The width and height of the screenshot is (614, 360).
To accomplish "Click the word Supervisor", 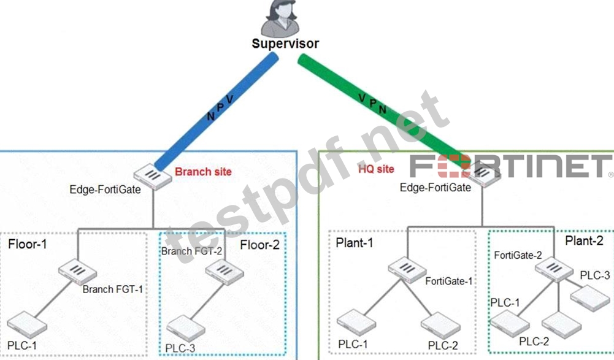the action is pos(285,44).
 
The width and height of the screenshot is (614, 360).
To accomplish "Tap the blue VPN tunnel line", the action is pos(217,111).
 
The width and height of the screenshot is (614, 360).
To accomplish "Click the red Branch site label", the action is pos(203,172).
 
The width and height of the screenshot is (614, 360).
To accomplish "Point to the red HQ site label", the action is pos(376,169).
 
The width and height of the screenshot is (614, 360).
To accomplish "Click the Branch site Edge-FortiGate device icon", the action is pos(153,177).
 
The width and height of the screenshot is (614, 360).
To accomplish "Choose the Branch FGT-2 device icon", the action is pos(224,272).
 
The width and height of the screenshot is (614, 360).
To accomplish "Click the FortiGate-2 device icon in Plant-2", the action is pos(554,269).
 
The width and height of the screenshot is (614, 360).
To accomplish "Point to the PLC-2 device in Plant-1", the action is pos(440,326).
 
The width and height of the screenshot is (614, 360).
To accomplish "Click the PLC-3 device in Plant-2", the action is pos(590,299).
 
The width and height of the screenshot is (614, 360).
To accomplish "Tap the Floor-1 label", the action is pos(28,245).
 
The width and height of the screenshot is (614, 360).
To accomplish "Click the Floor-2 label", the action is pos(259,245).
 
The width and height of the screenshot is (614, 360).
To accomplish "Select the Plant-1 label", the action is pos(355,243).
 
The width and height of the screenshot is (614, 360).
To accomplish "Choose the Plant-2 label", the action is pos(584,240).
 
